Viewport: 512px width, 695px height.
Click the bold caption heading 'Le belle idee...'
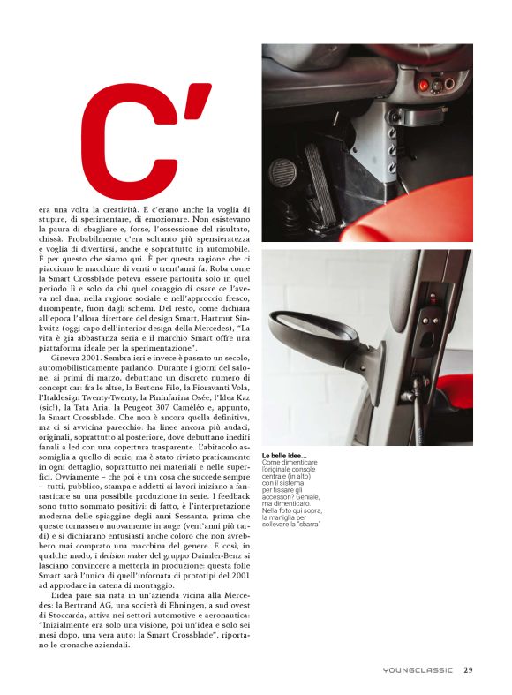tap(291, 456)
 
